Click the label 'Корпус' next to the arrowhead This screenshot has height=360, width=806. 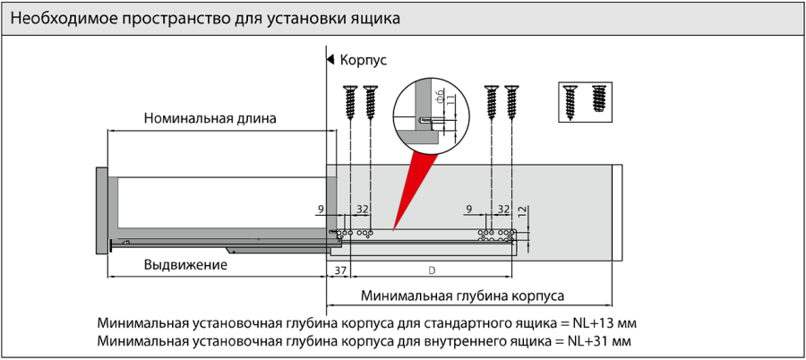(x=363, y=61)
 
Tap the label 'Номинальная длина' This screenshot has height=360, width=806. (x=210, y=118)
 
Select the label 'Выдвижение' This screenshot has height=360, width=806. (x=185, y=266)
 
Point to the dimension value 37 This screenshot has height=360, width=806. (x=339, y=270)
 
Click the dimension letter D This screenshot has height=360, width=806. (x=432, y=270)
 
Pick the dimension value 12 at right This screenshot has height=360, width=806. (x=522, y=214)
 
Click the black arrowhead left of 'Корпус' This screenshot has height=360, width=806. (x=330, y=61)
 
